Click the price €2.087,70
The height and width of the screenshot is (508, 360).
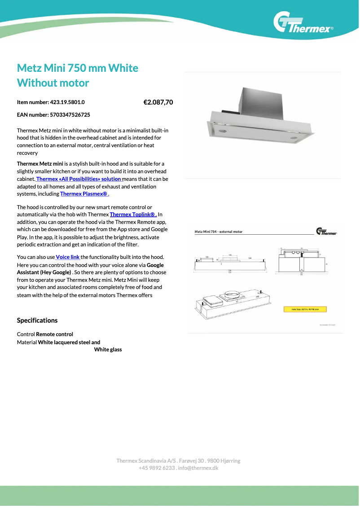(158, 102)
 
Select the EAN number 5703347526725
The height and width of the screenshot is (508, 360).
(70, 115)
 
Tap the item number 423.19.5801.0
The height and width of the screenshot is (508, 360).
(67, 102)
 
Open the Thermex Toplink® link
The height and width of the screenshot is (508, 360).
(133, 215)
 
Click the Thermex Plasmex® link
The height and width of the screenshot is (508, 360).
(84, 194)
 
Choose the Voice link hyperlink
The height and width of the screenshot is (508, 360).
(68, 257)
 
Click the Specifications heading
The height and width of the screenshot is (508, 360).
(37, 320)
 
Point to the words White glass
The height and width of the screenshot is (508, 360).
(108, 350)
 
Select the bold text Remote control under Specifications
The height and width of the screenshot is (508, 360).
(54, 334)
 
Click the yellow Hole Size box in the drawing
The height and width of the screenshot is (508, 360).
(305, 309)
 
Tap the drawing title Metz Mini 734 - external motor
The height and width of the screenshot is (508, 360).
(219, 232)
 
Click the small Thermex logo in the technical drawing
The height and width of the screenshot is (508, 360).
(326, 232)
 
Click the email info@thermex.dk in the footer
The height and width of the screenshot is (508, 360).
(198, 468)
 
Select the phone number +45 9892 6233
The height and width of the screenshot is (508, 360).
(157, 468)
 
